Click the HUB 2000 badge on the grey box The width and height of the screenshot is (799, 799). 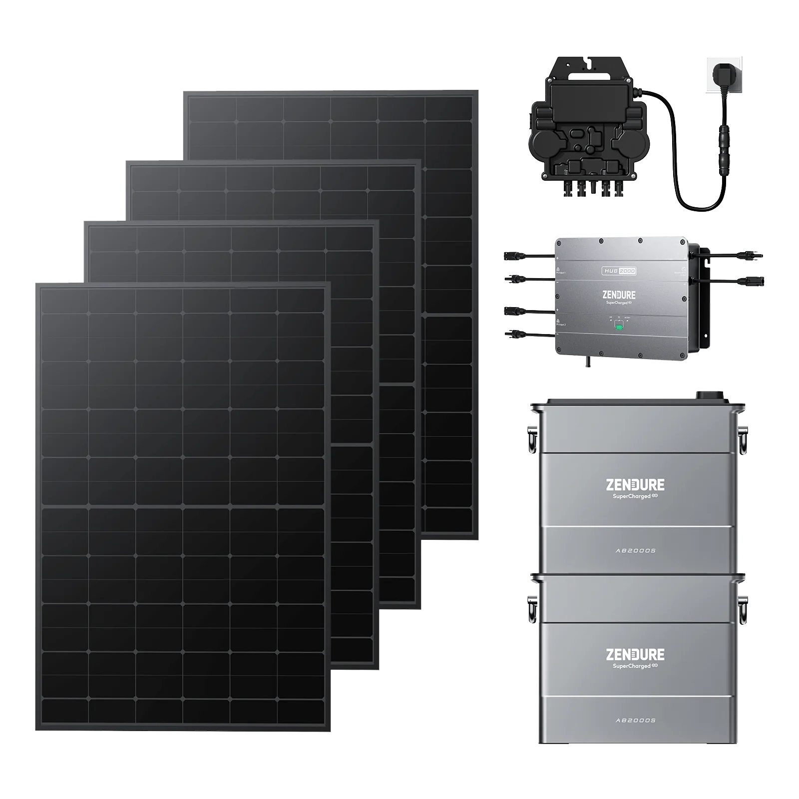point(619,271)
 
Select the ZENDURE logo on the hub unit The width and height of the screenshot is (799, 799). point(619,295)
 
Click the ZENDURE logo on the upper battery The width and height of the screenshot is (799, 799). point(635,484)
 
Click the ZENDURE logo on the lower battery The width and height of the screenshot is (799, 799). point(635,654)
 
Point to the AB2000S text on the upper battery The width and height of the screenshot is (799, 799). point(635,550)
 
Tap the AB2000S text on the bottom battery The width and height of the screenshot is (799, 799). point(635,720)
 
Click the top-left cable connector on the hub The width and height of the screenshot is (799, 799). point(514,255)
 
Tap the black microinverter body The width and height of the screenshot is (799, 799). point(587,130)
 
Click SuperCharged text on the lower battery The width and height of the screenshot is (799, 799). point(632,666)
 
